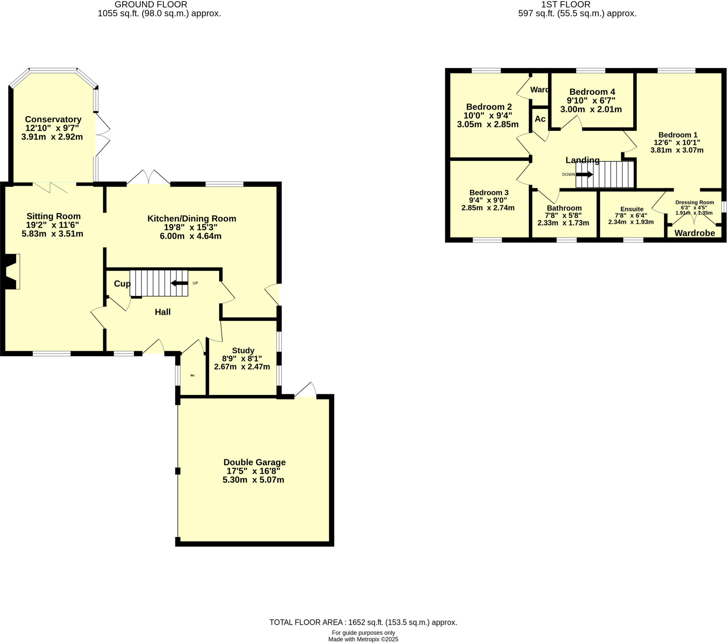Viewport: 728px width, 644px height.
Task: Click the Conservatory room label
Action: click(x=53, y=119)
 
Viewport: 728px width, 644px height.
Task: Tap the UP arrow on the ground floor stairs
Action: click(x=180, y=283)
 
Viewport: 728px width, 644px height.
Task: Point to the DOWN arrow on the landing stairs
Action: click(x=584, y=174)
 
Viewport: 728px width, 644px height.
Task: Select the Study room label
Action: click(x=243, y=351)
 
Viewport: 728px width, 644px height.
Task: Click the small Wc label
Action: click(x=192, y=375)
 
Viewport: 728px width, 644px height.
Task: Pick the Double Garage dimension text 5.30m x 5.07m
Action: click(x=253, y=480)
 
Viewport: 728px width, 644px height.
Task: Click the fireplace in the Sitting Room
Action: click(x=12, y=272)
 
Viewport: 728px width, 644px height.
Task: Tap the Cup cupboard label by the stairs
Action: click(x=122, y=284)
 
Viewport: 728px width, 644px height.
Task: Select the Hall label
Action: click(x=162, y=312)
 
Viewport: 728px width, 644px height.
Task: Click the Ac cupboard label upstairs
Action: click(x=540, y=119)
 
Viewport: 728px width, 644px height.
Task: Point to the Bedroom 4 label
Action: click(x=592, y=92)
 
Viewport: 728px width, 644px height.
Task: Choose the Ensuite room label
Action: click(x=632, y=209)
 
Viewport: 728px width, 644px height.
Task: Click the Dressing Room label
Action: click(x=695, y=202)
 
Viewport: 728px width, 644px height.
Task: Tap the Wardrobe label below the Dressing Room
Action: click(x=695, y=233)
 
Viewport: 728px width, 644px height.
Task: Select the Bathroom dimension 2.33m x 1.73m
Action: click(x=563, y=223)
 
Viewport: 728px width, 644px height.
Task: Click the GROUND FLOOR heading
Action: click(x=151, y=5)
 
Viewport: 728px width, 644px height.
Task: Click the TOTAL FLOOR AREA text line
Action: click(x=363, y=622)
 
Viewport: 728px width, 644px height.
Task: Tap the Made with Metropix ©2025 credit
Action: click(x=363, y=639)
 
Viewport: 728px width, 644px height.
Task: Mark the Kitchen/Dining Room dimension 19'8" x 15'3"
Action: click(x=191, y=227)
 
